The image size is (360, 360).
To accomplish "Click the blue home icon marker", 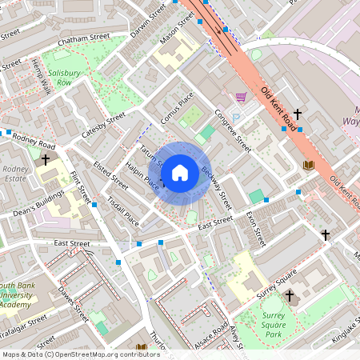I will tap(180, 172).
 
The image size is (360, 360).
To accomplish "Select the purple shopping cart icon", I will tap(241, 98).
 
